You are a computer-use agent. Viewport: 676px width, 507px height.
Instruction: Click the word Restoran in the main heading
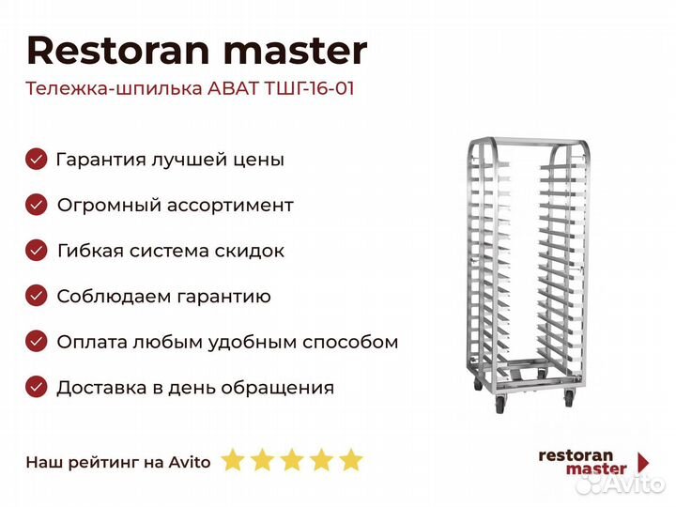pos(118,51)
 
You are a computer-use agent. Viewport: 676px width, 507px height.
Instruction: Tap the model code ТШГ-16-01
pos(309,88)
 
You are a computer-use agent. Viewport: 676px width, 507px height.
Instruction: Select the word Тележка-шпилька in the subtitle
pos(114,89)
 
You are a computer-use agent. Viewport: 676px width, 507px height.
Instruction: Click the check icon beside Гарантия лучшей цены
pos(37,159)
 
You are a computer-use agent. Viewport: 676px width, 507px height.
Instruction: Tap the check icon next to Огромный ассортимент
pos(37,205)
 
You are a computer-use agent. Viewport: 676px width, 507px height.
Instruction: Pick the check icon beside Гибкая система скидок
pos(37,251)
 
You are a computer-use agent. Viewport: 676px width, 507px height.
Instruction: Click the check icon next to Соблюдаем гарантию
pos(37,296)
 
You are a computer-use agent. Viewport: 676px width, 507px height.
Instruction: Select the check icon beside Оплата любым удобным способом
pos(37,342)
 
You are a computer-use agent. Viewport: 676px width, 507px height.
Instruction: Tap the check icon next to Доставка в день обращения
pos(37,387)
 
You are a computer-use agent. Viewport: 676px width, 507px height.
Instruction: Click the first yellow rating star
pos(233,459)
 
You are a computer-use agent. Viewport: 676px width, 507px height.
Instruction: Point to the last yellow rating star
pos(350,459)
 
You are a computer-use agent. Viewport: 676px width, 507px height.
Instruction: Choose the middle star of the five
pos(292,459)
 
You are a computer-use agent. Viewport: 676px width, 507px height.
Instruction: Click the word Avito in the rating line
pos(190,462)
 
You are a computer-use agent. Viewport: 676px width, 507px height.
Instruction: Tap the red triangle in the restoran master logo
pos(643,462)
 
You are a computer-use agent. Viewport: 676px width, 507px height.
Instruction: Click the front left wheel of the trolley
pos(499,405)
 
